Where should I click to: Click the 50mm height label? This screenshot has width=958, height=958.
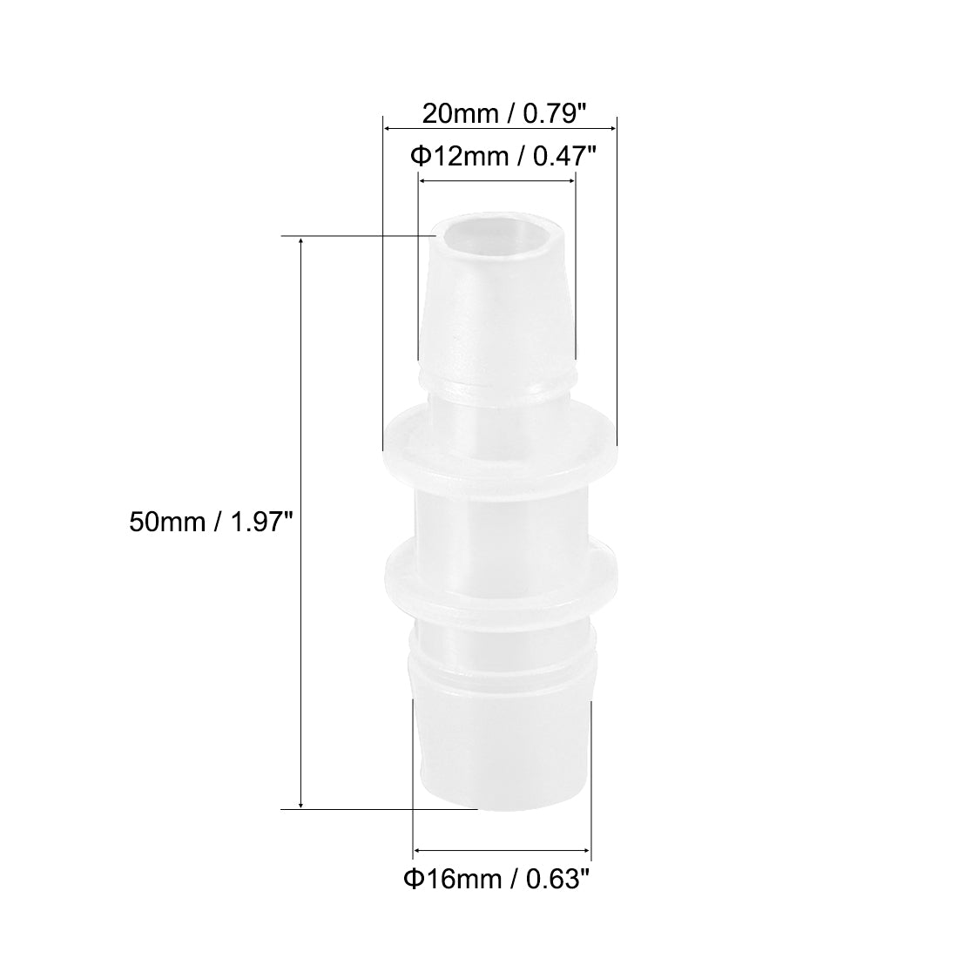click(x=165, y=522)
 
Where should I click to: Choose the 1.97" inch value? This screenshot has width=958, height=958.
click(x=253, y=522)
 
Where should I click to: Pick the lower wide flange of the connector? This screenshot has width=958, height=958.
click(x=500, y=576)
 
